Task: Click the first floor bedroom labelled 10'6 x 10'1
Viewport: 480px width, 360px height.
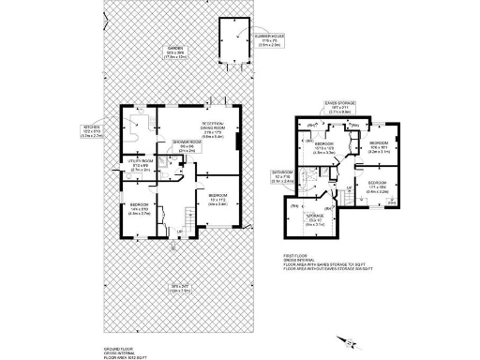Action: point(378,146)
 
